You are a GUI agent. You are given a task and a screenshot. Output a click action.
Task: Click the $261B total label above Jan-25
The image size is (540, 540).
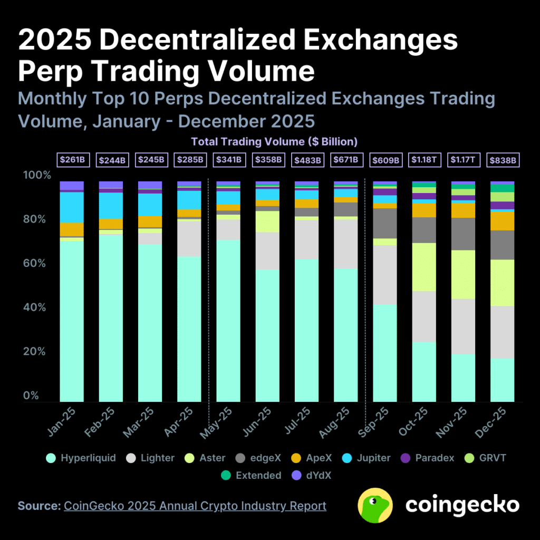click(72, 159)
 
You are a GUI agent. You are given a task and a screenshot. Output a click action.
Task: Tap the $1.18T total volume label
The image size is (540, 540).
click(425, 159)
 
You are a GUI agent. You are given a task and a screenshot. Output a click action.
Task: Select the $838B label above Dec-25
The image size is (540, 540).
click(503, 159)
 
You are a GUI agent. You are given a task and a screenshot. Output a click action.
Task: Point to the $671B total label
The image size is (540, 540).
click(346, 159)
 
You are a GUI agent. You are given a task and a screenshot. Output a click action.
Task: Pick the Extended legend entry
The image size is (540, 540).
click(250, 476)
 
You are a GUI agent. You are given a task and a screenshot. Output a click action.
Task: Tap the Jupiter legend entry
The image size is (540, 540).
click(367, 458)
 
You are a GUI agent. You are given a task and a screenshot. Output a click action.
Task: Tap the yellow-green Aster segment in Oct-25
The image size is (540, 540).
click(425, 267)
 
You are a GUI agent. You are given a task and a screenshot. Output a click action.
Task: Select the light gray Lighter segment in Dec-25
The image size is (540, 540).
click(503, 332)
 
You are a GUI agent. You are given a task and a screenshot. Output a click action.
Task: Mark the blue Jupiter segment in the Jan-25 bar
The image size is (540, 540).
click(72, 207)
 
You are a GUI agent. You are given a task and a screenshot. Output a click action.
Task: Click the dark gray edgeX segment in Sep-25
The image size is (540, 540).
click(385, 223)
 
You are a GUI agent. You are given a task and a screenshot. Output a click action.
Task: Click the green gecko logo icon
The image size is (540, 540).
click(375, 505)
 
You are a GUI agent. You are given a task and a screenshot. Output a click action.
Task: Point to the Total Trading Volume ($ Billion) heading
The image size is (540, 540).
click(274, 142)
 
